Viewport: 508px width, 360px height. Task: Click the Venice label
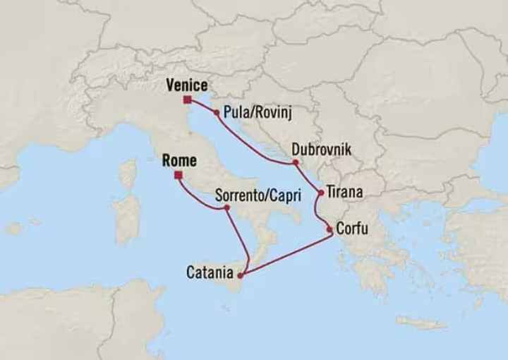[186, 86]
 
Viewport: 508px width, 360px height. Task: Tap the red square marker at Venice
[187, 100]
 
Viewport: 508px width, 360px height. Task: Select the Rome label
[179, 160]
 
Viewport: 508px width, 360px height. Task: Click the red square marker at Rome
[179, 174]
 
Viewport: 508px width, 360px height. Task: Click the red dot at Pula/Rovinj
[216, 112]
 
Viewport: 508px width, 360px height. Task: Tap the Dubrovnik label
[320, 150]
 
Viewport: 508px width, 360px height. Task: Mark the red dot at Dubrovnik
[295, 163]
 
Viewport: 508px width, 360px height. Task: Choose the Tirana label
[345, 192]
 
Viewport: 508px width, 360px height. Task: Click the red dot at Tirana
[321, 192]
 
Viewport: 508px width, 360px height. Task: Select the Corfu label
[351, 229]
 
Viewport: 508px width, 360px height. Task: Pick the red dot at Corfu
[329, 229]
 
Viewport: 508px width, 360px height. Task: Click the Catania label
[210, 270]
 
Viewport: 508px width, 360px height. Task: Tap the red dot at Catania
[241, 275]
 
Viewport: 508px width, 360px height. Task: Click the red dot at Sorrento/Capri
[226, 208]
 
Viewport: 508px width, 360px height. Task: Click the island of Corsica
[128, 174]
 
